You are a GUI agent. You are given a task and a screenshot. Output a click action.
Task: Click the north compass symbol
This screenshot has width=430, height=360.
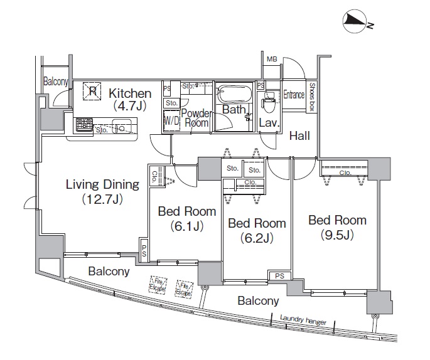click(356, 23)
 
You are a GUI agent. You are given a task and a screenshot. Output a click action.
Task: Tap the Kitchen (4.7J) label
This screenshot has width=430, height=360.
click(129, 100)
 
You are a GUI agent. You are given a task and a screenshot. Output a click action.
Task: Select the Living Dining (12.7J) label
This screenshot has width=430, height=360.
click(102, 191)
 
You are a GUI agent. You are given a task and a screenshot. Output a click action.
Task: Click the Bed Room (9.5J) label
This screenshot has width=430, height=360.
click(336, 228)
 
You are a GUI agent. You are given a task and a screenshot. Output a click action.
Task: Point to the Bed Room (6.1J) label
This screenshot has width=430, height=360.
click(186, 218)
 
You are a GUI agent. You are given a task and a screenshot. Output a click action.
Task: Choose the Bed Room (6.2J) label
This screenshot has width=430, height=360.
click(256, 230)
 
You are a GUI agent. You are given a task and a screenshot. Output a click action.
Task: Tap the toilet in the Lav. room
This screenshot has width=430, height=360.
click(269, 100)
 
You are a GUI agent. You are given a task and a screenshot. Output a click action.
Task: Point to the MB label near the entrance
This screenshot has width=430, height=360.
click(271, 60)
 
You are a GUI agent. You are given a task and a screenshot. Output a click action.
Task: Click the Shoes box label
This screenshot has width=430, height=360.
click(311, 97)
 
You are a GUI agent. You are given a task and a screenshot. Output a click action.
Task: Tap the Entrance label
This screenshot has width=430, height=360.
click(293, 95)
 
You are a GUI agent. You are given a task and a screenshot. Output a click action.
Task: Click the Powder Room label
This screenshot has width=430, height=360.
click(195, 118)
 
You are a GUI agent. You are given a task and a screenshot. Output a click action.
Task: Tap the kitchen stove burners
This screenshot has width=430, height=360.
click(83, 124)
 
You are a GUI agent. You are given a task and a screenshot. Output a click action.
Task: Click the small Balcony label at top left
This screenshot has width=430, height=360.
click(55, 82)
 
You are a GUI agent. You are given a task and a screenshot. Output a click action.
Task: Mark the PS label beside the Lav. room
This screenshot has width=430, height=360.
click(260, 85)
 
